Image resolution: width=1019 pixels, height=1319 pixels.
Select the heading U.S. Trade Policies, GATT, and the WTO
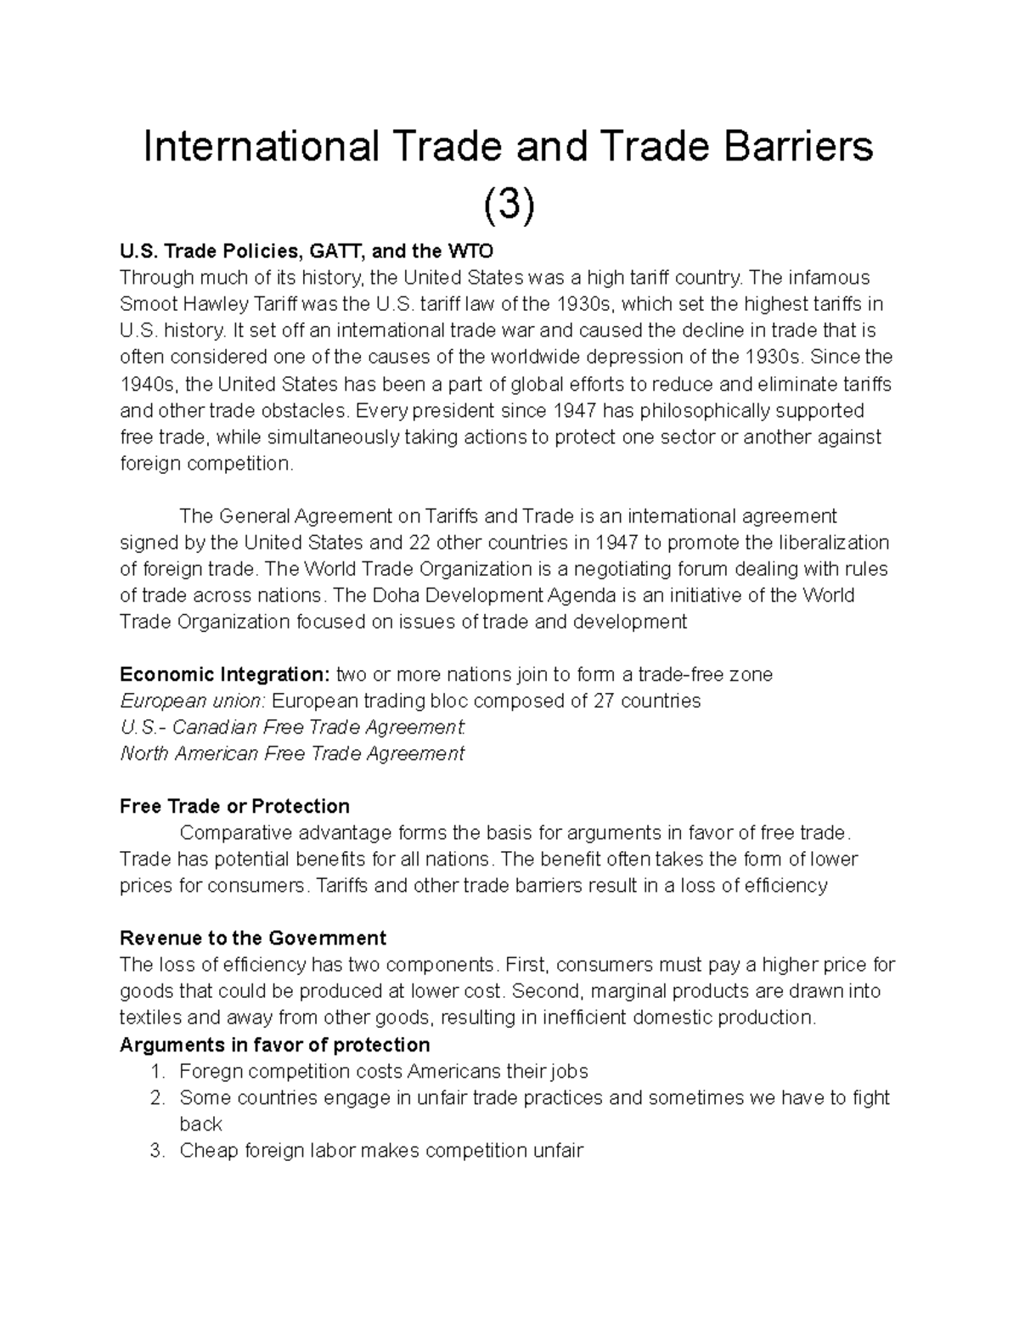pyautogui.click(x=306, y=251)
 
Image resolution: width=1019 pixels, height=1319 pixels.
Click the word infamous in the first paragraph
pyautogui.click(x=828, y=278)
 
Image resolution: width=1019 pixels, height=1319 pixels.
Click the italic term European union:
pyautogui.click(x=193, y=702)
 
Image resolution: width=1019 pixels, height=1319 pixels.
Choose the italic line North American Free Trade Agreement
pyautogui.click(x=292, y=754)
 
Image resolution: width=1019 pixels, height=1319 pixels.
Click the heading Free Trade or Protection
pyautogui.click(x=234, y=806)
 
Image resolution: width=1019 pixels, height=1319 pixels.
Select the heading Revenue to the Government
pyautogui.click(x=253, y=939)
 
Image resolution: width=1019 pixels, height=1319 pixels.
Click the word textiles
pyautogui.click(x=149, y=1017)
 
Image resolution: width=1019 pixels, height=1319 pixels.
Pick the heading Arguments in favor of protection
pyautogui.click(x=274, y=1045)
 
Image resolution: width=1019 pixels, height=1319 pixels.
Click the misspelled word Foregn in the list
pyautogui.click(x=210, y=1071)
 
